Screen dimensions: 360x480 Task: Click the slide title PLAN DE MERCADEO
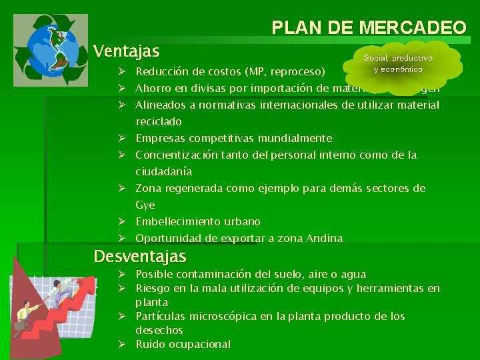369,27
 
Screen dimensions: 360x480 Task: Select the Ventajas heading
127,51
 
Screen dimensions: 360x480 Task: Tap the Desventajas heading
140,256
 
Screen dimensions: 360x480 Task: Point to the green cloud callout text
398,64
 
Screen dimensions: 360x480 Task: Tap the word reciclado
159,122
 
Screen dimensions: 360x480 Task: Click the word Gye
145,205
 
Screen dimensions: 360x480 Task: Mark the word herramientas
390,289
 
